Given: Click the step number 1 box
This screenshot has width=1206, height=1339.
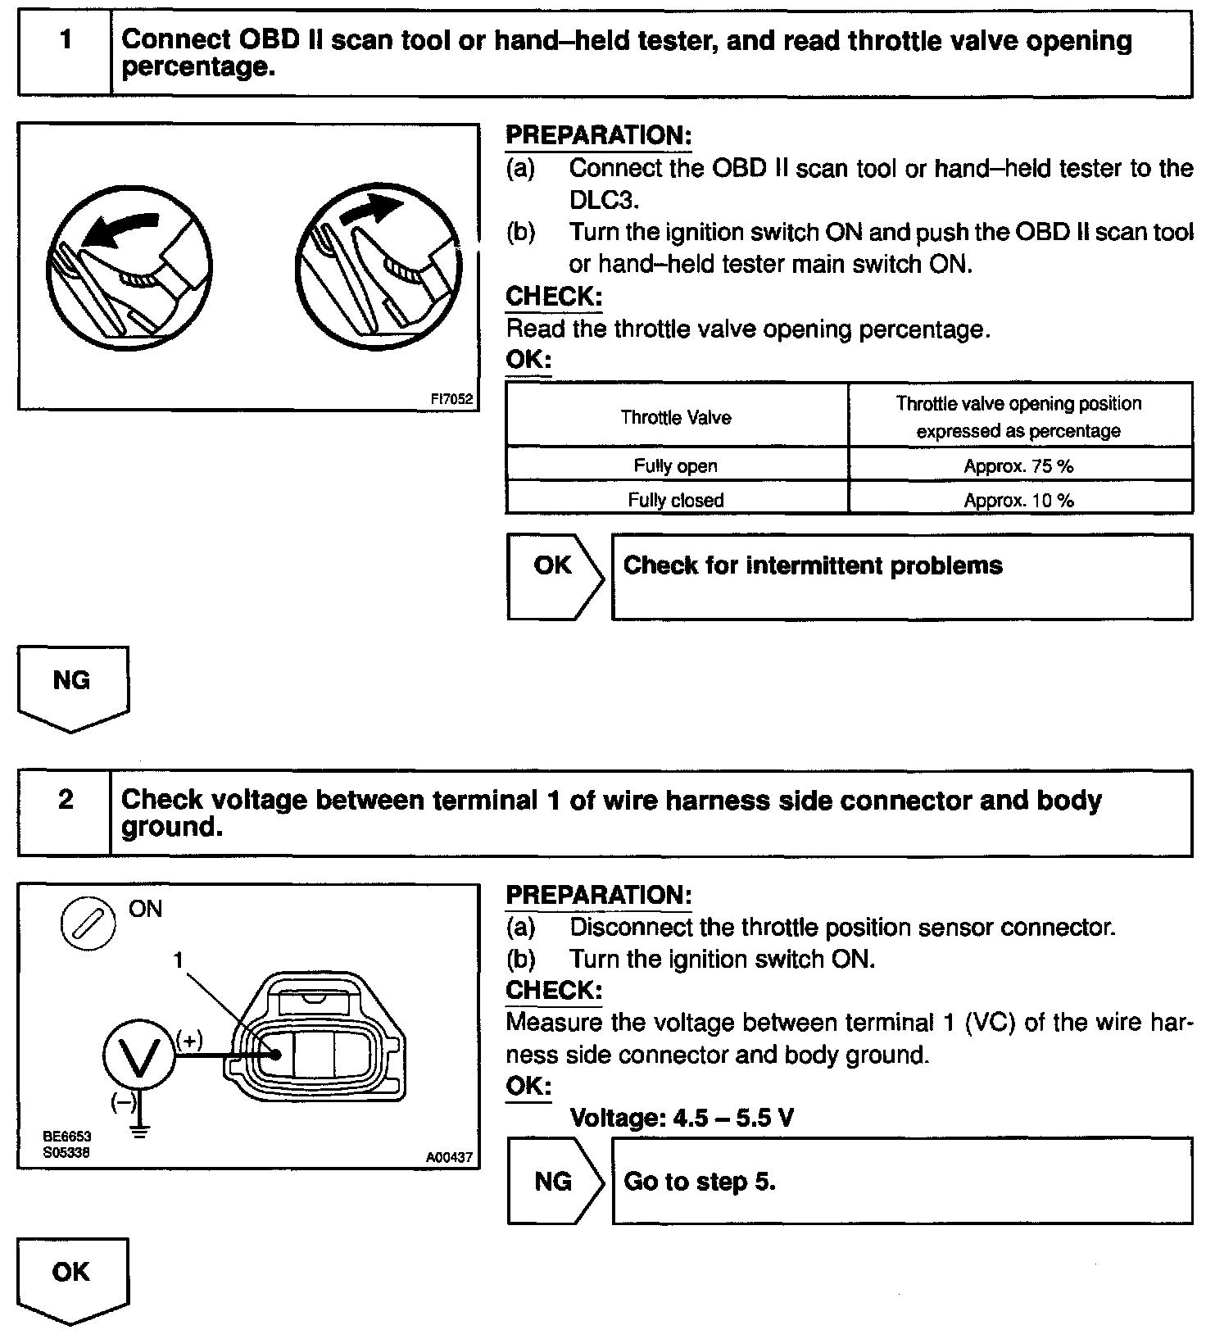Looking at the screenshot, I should tap(65, 53).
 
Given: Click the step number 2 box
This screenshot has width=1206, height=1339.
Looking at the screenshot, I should tap(65, 813).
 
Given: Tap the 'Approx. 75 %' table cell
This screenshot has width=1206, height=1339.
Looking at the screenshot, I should tap(1018, 466).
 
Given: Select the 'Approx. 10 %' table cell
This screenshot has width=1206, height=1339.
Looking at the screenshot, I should tap(1018, 500).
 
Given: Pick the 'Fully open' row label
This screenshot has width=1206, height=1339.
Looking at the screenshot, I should tap(675, 466).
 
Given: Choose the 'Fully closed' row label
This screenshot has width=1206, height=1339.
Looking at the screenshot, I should tap(675, 500).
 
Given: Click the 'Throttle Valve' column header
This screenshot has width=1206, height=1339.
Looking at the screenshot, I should tap(675, 418).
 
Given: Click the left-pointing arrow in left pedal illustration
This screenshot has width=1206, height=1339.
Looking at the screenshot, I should tap(118, 229).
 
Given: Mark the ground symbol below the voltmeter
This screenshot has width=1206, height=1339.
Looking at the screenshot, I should tap(140, 1132).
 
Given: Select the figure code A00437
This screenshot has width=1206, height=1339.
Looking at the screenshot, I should tap(449, 1157).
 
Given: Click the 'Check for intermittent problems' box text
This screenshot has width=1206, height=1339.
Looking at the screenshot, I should tap(813, 566).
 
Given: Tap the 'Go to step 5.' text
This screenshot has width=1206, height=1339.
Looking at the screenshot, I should tap(699, 1181).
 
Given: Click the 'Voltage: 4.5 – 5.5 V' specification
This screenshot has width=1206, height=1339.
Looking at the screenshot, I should tap(681, 1118).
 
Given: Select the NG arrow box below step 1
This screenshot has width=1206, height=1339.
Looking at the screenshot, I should tap(72, 687).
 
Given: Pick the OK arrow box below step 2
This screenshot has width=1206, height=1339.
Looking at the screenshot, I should tap(72, 1278).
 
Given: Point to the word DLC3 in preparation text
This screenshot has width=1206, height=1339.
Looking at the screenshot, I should tap(603, 200).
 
